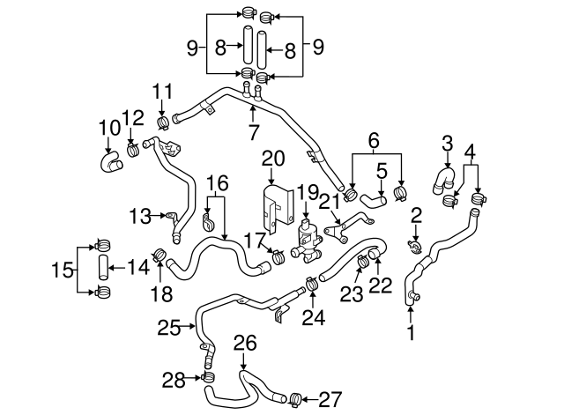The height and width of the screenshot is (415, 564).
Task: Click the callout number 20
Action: (x=273, y=159)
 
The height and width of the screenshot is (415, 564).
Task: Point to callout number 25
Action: (x=169, y=328)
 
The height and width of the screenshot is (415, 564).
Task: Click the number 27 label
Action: (x=329, y=399)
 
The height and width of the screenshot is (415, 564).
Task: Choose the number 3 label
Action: (x=448, y=142)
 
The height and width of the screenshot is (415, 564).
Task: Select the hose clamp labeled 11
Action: (x=162, y=121)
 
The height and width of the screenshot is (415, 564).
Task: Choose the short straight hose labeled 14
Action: (x=102, y=265)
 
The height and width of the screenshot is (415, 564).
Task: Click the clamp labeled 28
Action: (x=209, y=378)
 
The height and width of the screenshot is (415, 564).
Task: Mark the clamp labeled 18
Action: (x=159, y=256)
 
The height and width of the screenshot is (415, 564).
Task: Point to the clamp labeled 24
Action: (x=312, y=284)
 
